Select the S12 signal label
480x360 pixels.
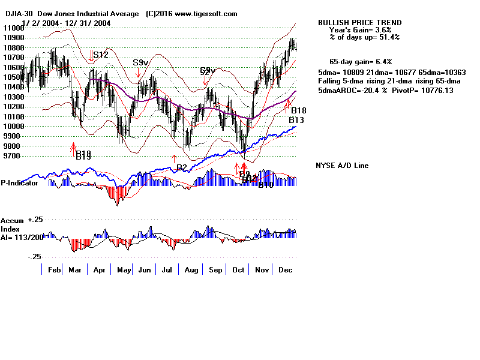(100, 55)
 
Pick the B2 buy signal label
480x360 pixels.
(182, 167)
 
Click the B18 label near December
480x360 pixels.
(299, 111)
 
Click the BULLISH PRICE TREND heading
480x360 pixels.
(360, 23)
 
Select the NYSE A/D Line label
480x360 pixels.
(342, 166)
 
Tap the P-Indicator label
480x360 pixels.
(20, 183)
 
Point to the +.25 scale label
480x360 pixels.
(33, 220)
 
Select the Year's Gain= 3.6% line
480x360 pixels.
(360, 29)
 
